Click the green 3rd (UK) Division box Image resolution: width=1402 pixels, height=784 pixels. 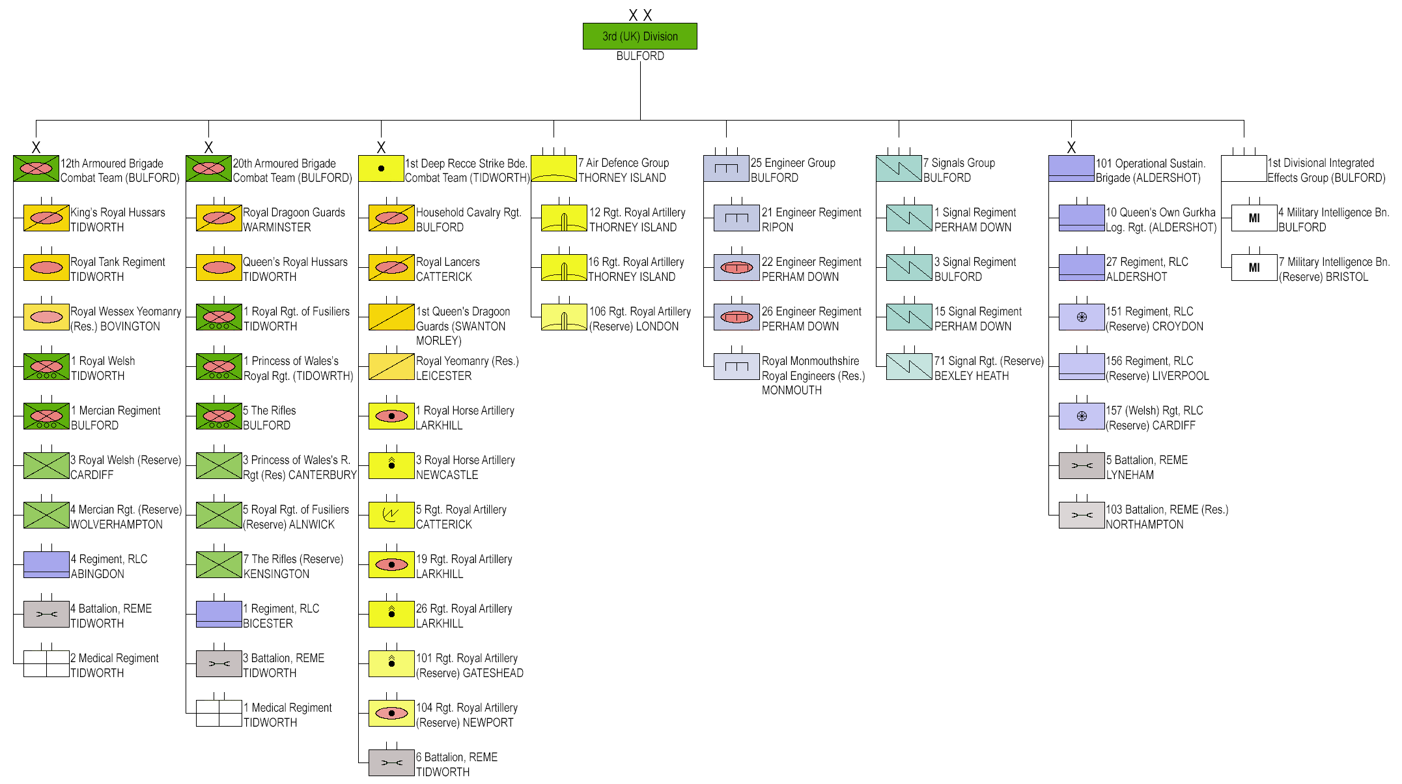[x=639, y=36]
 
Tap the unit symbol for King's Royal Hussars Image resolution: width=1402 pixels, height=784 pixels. [x=46, y=218]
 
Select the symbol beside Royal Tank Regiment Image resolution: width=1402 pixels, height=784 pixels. [x=46, y=268]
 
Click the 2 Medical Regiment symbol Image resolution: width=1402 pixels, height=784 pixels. [x=46, y=664]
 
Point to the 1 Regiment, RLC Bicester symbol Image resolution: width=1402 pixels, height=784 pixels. [x=219, y=615]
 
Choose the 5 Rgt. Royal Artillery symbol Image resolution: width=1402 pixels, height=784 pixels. [x=391, y=515]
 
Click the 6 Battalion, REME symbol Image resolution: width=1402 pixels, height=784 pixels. [x=391, y=763]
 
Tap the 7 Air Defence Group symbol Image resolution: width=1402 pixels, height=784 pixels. [x=554, y=169]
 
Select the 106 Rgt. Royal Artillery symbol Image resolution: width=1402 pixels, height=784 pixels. [x=564, y=317]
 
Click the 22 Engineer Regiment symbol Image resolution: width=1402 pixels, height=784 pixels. [x=736, y=268]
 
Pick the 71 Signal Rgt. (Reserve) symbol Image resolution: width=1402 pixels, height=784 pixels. [x=909, y=367]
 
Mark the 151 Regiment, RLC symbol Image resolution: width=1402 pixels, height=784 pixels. [x=1082, y=317]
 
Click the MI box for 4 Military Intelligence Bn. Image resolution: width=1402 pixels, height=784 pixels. [x=1254, y=218]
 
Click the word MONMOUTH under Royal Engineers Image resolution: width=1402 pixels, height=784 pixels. [x=792, y=390]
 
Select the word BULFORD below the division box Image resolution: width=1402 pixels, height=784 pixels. [x=640, y=56]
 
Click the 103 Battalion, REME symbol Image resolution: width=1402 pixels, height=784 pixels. [x=1082, y=515]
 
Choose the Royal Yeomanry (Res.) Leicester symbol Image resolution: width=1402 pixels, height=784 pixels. [x=391, y=367]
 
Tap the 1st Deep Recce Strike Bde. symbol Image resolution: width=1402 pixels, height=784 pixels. [x=381, y=169]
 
